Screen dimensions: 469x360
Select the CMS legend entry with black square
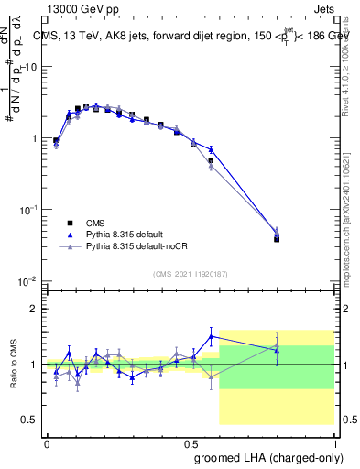pos(82,223)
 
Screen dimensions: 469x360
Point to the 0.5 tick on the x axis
pos(191,442)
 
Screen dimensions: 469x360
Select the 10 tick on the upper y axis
pos(33,67)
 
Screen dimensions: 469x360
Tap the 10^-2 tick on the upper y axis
pos(31,281)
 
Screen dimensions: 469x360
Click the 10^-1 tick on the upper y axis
pos(31,210)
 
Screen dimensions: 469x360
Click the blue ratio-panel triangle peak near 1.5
pos(212,336)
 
